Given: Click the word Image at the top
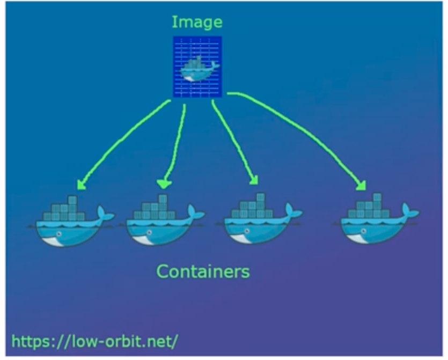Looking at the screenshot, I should point(197,23).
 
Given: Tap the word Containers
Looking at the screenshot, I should point(203,271).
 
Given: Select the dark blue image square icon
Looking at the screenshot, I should point(197,67).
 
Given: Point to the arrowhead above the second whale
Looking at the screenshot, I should point(163,183).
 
